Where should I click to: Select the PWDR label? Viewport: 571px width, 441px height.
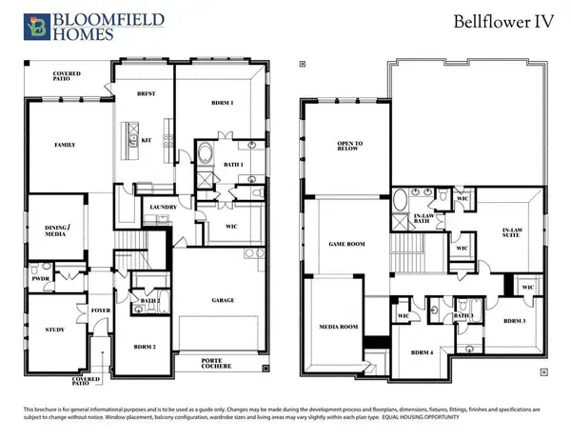pos(41,281)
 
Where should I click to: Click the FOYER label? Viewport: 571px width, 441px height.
pos(100,310)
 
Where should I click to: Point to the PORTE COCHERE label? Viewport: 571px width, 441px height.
pos(216,364)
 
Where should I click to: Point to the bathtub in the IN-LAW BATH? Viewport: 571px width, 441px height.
pos(402,202)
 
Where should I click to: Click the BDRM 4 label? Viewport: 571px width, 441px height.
pos(422,351)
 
